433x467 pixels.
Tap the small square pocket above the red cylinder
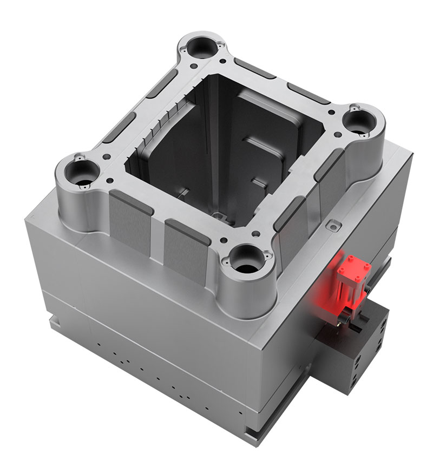[x=332, y=224]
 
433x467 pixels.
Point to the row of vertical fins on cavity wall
[x=162, y=124]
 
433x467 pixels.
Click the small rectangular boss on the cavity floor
[x=220, y=216]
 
